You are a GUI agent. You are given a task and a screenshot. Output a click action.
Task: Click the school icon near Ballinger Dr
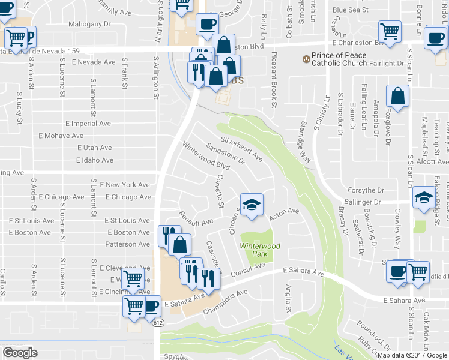coord(424,196)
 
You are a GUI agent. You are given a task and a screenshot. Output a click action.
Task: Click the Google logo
coord(20,353)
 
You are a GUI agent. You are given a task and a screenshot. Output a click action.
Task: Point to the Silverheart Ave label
coord(242,148)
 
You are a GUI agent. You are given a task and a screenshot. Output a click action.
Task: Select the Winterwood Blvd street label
coord(206,155)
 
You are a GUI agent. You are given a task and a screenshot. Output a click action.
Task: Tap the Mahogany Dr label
coord(91,25)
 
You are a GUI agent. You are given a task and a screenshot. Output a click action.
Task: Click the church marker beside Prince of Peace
coord(307,60)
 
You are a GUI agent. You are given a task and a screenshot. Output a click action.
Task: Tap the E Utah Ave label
coord(94,148)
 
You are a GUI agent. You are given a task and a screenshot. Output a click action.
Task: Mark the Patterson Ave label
coord(127,244)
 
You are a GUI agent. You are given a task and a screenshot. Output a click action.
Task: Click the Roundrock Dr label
coord(373,334)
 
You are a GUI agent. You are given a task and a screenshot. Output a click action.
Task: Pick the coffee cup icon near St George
coord(208,23)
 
